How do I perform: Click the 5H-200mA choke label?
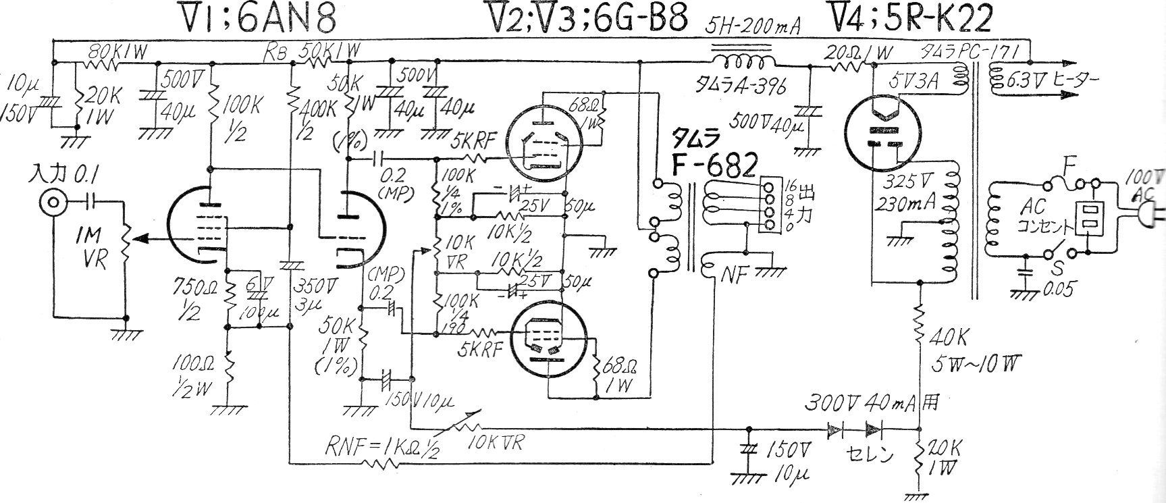click(754, 27)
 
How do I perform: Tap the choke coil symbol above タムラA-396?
click(743, 61)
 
